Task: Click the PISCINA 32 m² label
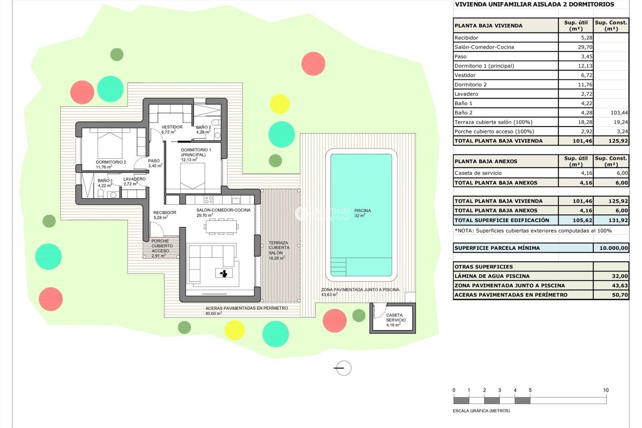coord(362,213)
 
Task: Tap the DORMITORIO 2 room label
coord(111,164)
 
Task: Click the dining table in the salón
coord(221,227)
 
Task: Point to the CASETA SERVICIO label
coord(396,320)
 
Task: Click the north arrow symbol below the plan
coord(343,368)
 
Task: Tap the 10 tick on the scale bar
coord(606,390)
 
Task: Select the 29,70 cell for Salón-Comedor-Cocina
coord(585,47)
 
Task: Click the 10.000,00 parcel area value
coord(613,248)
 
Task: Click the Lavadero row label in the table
coord(466,94)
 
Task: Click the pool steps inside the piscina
coord(338,267)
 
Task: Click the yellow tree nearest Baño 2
coord(279,104)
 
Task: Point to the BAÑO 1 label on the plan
coord(105,183)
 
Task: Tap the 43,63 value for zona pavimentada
coord(619,286)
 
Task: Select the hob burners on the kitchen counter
coord(209,200)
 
